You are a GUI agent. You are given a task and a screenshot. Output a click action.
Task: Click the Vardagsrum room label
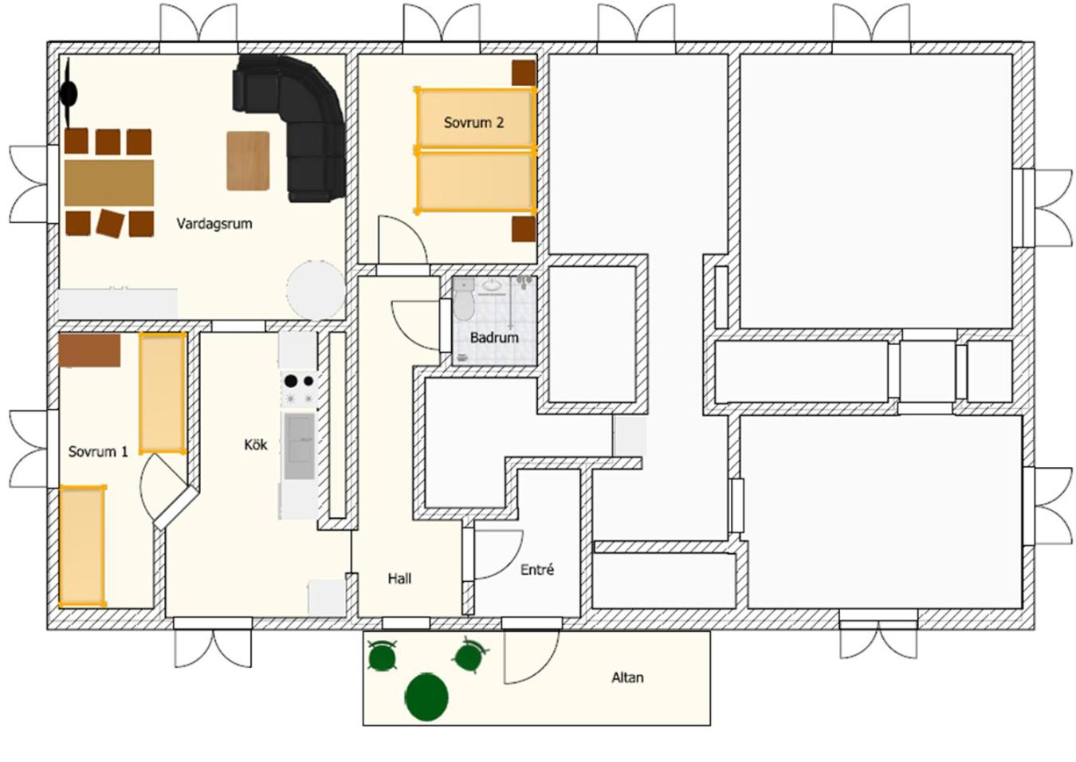coord(214,224)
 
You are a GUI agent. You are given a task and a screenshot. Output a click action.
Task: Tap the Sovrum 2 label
coord(473,123)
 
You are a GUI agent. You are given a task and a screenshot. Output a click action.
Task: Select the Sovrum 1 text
coord(98,452)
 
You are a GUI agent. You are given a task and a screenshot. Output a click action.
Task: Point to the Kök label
coord(256,445)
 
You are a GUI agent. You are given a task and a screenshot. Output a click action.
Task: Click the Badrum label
coord(494,337)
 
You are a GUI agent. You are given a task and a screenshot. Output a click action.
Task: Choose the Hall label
coord(399,579)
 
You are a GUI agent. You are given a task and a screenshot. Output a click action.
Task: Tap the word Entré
coord(537,570)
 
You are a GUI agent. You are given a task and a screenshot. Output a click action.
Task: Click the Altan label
coord(627,678)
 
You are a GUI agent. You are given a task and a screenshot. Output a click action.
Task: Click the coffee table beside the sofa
coord(248,161)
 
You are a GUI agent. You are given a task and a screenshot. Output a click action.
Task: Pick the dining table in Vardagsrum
coord(109,183)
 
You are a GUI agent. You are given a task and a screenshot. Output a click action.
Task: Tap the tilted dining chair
coord(111,223)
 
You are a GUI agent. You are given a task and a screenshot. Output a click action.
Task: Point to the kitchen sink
coord(299,447)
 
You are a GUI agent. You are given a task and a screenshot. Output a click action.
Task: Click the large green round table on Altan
coord(426,697)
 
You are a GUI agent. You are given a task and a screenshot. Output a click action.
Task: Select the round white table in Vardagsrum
coord(316,289)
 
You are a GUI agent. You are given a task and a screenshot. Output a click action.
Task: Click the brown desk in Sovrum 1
coord(89,351)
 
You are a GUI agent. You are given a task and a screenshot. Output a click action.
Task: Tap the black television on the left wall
coord(69,92)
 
